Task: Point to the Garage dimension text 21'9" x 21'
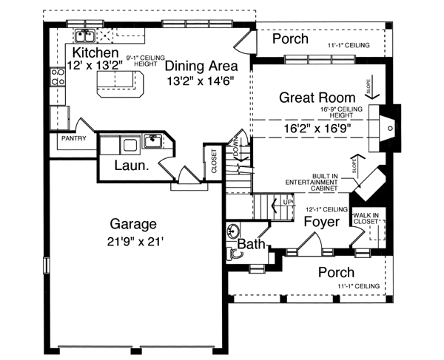[133, 240]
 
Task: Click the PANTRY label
[73, 138]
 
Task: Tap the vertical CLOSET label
[215, 162]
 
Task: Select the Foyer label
[321, 221]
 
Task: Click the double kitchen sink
[85, 35]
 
